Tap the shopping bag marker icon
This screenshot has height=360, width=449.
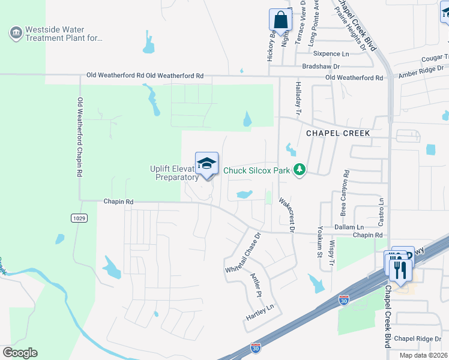point(280,19)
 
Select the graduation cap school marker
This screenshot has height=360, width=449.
point(206,163)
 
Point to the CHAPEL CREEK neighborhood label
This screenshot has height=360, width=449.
point(338,133)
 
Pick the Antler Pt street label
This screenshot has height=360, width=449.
point(256,286)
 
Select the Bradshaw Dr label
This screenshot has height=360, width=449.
point(321,66)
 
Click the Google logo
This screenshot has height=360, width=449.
point(20,353)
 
